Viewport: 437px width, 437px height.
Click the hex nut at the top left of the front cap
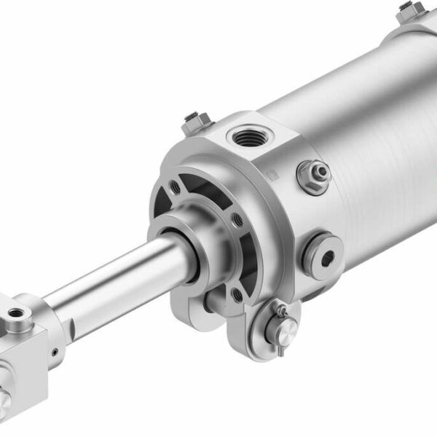coord(196,122)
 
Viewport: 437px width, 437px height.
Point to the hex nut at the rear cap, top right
coord(412,10)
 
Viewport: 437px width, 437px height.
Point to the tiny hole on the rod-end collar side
coord(55,353)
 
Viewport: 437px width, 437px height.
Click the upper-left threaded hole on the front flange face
coord(176,187)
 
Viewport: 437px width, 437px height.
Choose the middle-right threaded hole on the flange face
coord(237,219)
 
